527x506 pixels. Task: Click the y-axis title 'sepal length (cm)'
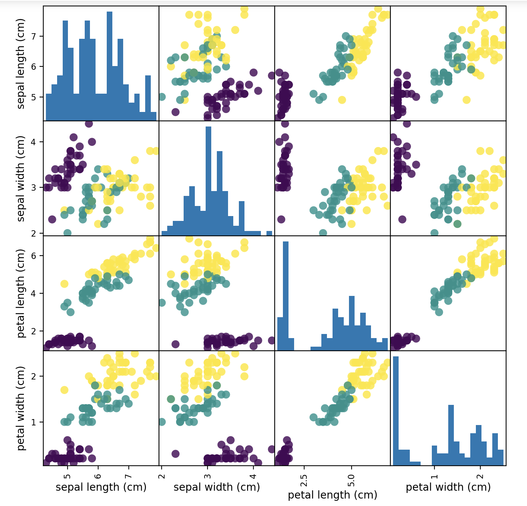tap(21, 63)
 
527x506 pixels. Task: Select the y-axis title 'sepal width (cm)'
tap(21, 178)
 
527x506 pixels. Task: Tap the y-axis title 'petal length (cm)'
tap(21, 293)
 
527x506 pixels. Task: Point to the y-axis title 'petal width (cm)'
tap(21, 408)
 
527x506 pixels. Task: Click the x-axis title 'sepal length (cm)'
tap(101, 487)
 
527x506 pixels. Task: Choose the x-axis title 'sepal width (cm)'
tap(216, 487)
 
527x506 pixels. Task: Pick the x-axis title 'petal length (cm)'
tap(333, 495)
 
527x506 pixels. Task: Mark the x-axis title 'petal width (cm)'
tap(448, 487)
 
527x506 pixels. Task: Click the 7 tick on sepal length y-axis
tap(37, 36)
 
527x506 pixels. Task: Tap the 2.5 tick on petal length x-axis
tap(304, 478)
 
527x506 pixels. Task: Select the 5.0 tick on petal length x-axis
tap(351, 478)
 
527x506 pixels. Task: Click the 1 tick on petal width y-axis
tap(37, 422)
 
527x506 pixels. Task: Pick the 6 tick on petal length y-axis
tap(37, 256)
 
